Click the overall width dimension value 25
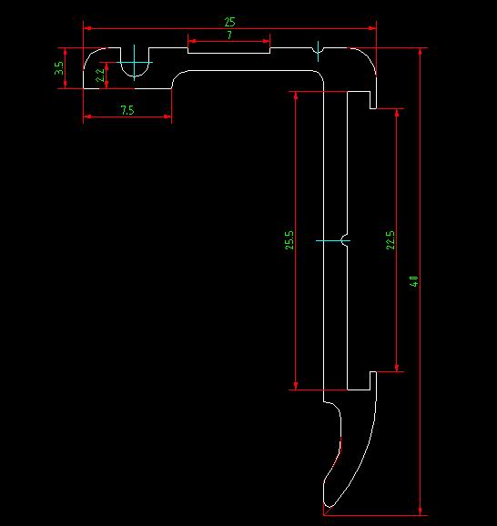pos(229,20)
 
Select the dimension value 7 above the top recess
pos(229,35)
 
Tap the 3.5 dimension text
pos(59,68)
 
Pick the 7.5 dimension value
pos(127,110)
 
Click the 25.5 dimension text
pos(289,240)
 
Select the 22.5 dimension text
pos(390,240)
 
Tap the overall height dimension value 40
pos(414,282)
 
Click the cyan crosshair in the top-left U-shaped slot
pos(134,66)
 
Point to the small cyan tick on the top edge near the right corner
pos(318,46)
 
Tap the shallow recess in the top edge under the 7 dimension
pos(228,51)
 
